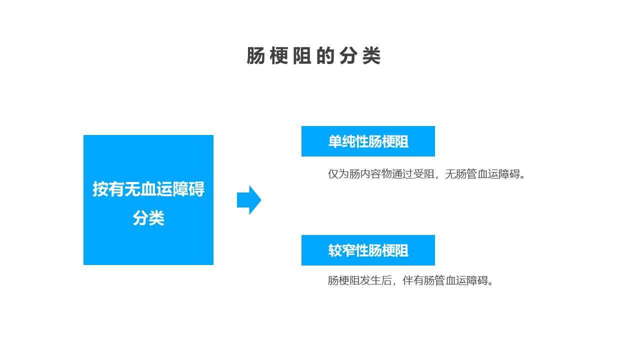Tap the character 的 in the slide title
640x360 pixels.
325,55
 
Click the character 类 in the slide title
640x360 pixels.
371,55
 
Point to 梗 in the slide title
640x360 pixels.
279,55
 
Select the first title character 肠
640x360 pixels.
255,55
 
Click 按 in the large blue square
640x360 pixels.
100,189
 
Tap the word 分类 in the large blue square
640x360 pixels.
148,218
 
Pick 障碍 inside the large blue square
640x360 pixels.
188,189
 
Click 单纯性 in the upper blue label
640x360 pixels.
348,141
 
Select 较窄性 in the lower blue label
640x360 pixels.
348,250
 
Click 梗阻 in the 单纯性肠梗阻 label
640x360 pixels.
395,141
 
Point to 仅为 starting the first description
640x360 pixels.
338,174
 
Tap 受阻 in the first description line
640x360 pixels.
424,174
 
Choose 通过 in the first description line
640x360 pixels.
402,174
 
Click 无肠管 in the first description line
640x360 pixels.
461,174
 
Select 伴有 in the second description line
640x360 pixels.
413,280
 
